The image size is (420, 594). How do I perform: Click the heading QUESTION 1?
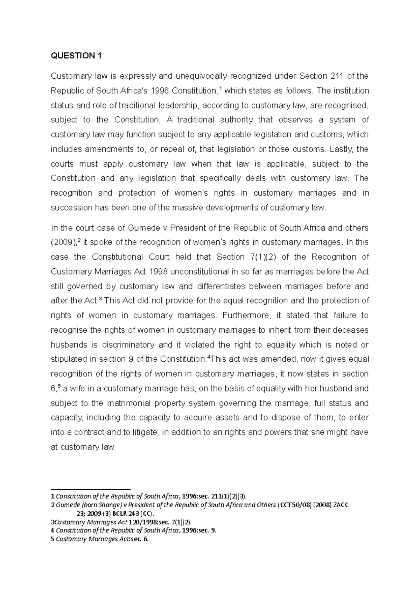pyautogui.click(x=73, y=56)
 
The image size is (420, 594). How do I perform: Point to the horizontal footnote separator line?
pyautogui.click(x=91, y=489)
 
